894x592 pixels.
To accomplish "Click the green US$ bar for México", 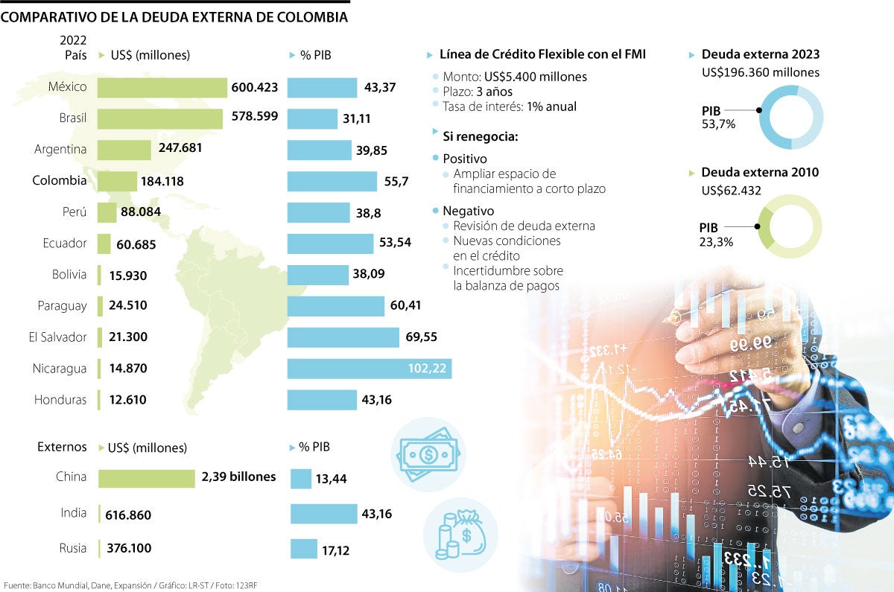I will pos(162,87).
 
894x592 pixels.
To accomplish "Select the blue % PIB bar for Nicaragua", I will pos(369,369).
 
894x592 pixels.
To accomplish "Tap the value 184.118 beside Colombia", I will pos(161,181).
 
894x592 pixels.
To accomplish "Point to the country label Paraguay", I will pos(62,305).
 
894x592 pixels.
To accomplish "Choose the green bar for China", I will pos(146,477).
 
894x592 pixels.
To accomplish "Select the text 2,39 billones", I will pos(238,477).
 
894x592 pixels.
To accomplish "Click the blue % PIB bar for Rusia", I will pos(303,549).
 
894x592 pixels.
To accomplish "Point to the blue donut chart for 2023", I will pos(790,116).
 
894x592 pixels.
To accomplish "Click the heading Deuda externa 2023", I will pos(760,54).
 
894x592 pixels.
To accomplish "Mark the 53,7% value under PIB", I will pos(718,124).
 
